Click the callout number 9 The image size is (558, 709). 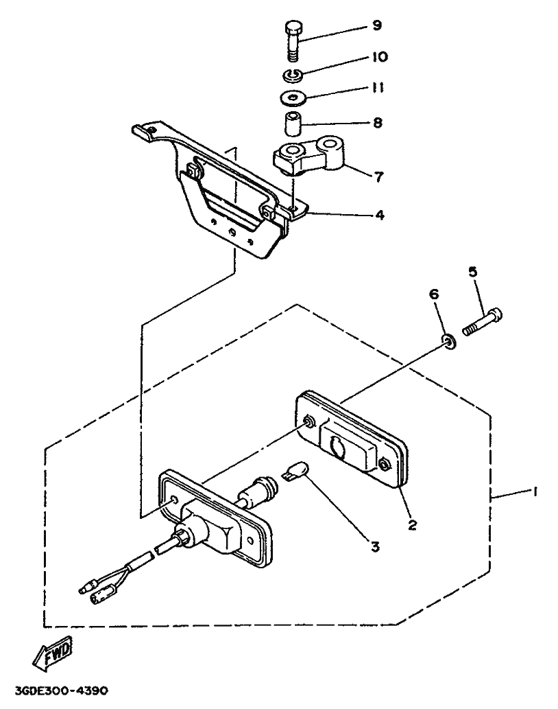[376, 26]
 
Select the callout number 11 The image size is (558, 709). [378, 88]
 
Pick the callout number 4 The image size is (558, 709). [378, 215]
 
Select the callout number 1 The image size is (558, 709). [535, 491]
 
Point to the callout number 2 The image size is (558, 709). [412, 525]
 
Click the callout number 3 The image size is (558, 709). [374, 546]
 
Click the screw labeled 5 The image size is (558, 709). [483, 321]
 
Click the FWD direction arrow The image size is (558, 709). [50, 655]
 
